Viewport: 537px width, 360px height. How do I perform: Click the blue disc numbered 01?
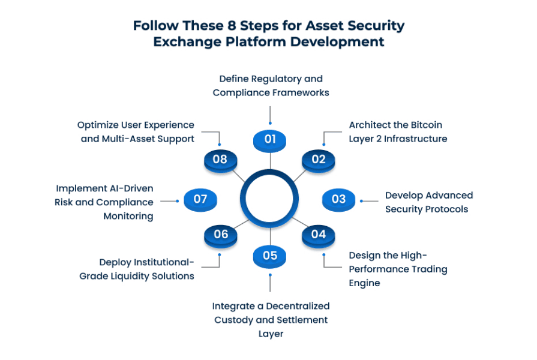[270, 139]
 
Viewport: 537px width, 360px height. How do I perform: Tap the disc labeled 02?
[319, 159]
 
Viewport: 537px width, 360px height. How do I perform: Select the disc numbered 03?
[339, 199]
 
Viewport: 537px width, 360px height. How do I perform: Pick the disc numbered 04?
[319, 234]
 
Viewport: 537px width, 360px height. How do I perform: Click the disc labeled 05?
[270, 256]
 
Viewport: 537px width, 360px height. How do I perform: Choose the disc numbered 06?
[221, 234]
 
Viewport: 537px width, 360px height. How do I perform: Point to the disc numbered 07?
[200, 199]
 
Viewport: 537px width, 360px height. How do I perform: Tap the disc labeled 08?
[220, 159]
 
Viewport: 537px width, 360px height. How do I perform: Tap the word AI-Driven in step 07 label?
[128, 188]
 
